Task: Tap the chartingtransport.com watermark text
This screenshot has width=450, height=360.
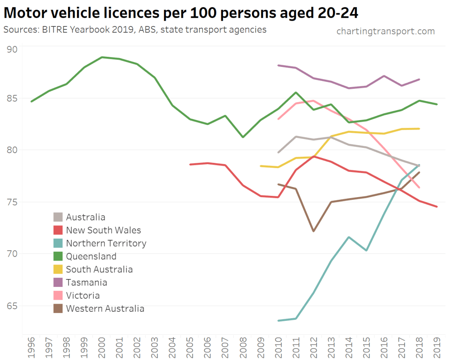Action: tap(385, 31)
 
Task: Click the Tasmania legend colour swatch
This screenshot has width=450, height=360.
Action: tap(58, 283)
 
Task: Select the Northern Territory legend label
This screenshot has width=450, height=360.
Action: tap(106, 243)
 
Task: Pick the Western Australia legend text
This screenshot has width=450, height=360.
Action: tap(105, 309)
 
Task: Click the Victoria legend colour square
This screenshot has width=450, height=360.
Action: tap(58, 295)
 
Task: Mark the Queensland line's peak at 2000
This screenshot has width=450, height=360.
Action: tap(102, 57)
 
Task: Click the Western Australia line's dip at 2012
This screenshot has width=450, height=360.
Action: tap(314, 231)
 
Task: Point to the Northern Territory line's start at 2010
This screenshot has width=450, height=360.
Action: tap(278, 320)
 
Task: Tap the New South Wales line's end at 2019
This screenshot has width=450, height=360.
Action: tap(437, 207)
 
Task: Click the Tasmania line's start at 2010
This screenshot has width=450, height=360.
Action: tap(278, 65)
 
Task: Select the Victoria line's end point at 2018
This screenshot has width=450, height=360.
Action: tap(419, 188)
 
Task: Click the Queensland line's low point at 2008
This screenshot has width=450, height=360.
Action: tap(243, 137)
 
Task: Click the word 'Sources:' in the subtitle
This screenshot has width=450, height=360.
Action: tap(20, 30)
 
